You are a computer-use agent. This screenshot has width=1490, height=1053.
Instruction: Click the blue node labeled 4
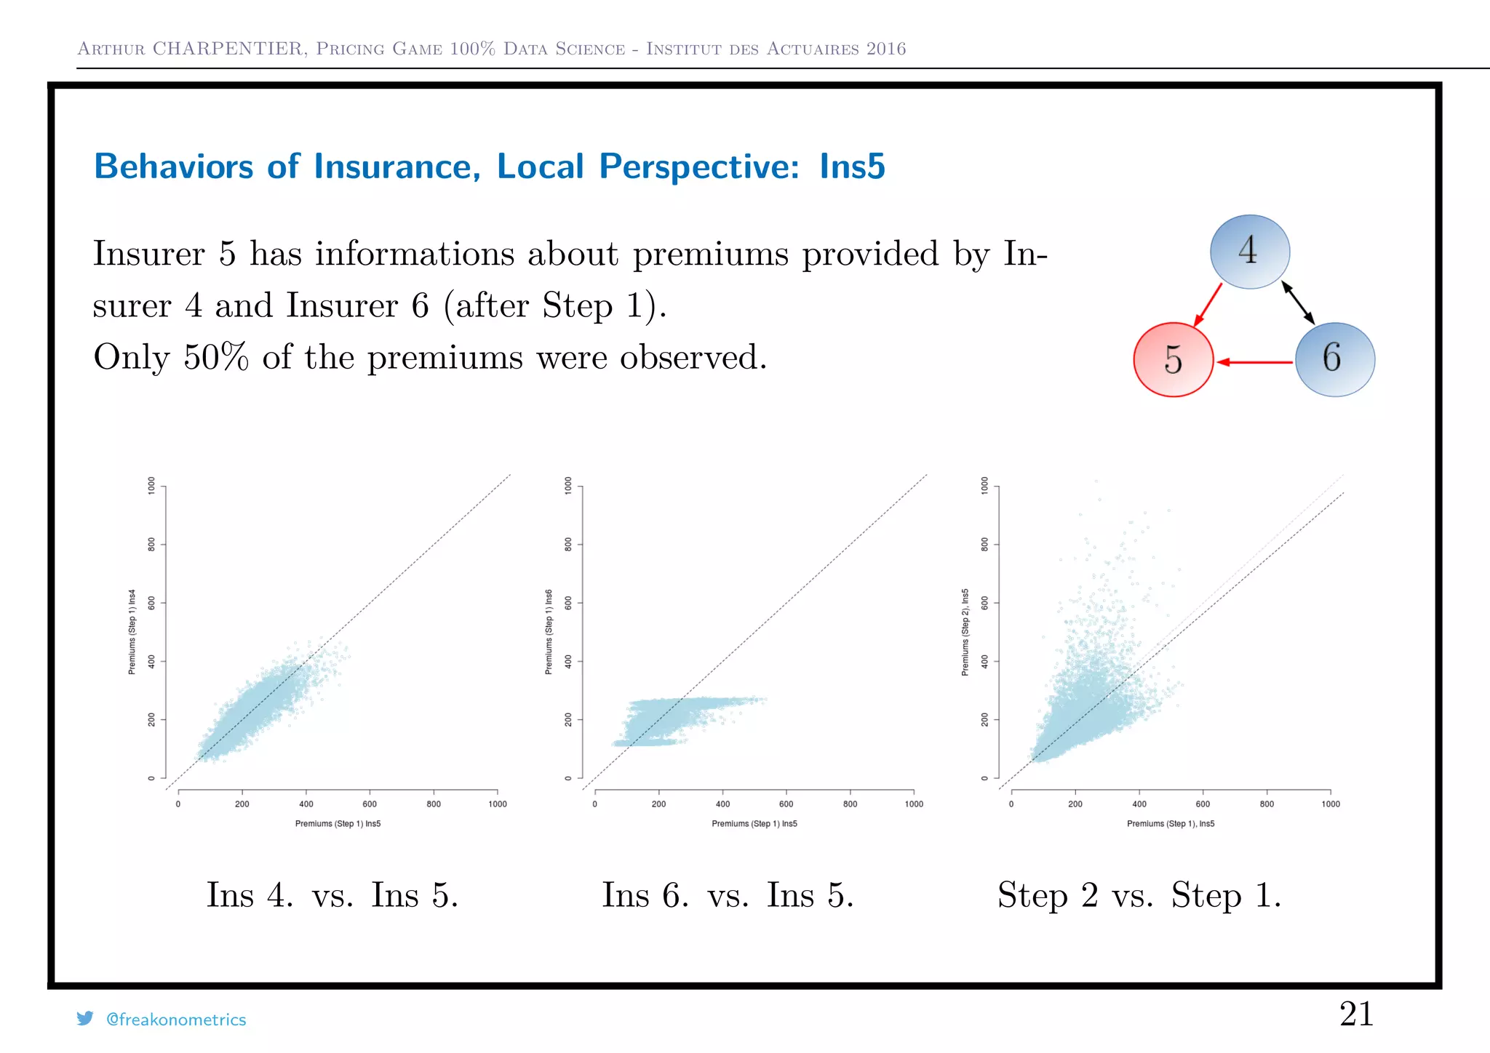coord(1249,252)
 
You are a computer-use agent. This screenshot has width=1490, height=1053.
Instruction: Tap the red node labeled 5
coord(1173,359)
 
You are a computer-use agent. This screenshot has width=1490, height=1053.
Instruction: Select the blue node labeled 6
coord(1334,359)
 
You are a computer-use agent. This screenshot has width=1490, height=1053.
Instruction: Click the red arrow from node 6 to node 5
coord(1255,361)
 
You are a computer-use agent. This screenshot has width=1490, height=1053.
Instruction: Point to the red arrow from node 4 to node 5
coord(1208,304)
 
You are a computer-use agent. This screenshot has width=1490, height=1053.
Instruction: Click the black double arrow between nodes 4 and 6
coord(1298,303)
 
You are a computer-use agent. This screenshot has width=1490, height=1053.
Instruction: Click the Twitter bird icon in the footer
coord(85,1019)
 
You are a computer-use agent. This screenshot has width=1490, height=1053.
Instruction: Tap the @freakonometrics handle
coord(176,1020)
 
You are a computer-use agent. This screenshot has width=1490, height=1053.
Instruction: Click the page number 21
coord(1356,1014)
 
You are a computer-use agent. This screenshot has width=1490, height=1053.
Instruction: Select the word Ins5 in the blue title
coord(852,167)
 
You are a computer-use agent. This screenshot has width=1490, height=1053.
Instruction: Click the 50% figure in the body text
coord(215,357)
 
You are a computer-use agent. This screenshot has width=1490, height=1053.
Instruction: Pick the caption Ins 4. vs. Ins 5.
coord(332,894)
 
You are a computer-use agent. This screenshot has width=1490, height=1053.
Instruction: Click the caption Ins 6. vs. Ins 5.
coord(728,894)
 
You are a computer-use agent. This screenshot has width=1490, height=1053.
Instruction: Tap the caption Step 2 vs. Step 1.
coord(1139,894)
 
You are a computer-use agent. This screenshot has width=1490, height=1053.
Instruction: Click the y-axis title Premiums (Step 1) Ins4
coord(132,632)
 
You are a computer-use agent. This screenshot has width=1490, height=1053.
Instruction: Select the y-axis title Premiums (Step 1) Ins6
coord(549,632)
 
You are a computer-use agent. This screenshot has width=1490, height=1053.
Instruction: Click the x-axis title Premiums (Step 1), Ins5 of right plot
coord(1171,824)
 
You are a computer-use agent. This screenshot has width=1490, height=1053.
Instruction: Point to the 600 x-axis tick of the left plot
coord(370,804)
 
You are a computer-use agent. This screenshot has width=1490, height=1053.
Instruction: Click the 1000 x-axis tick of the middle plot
coord(914,804)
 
